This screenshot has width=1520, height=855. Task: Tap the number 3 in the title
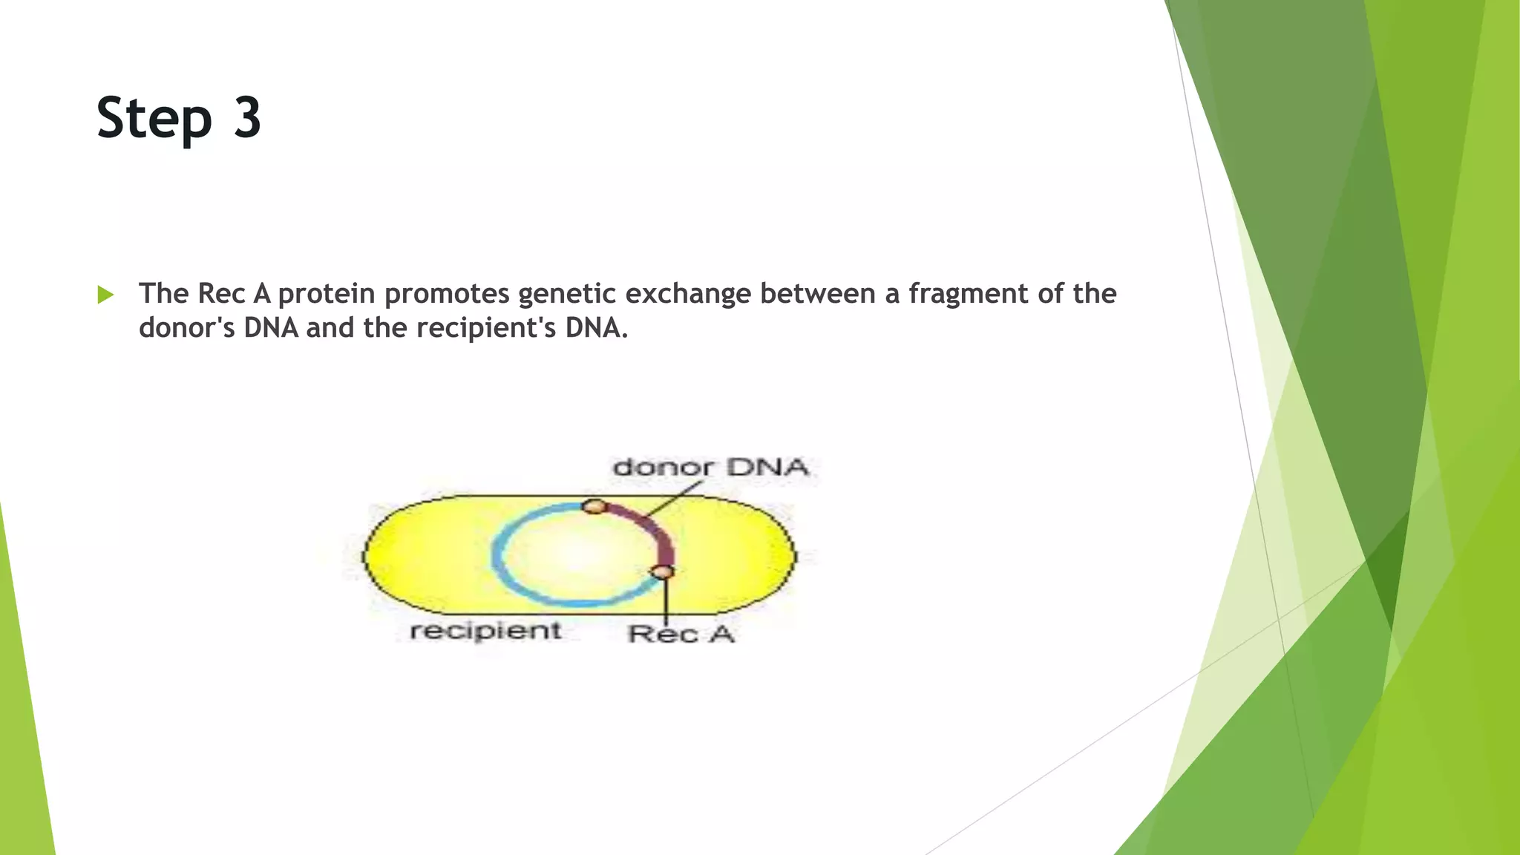[x=247, y=117]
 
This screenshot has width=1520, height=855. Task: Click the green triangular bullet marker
[x=105, y=295]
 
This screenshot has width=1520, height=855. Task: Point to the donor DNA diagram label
[x=710, y=468]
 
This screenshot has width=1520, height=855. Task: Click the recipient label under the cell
[x=485, y=631]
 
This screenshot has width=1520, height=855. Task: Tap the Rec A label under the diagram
[x=681, y=635]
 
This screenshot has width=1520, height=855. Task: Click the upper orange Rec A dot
[x=593, y=506]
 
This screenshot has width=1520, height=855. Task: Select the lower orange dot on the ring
[x=662, y=572]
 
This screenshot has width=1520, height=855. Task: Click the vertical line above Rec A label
[x=666, y=601]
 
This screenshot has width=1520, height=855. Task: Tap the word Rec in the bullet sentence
[x=221, y=294]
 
